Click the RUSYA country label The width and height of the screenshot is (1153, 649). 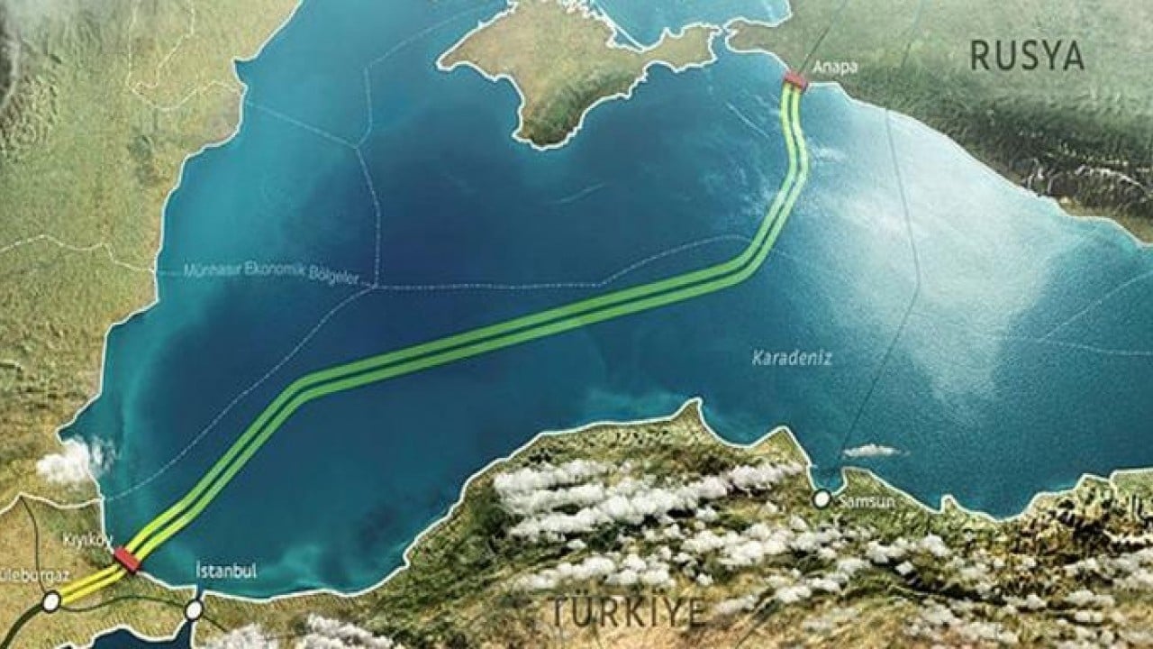click(1026, 56)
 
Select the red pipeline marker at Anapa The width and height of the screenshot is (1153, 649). click(795, 82)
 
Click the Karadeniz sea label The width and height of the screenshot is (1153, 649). click(792, 358)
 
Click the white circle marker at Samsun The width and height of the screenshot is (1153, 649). click(822, 498)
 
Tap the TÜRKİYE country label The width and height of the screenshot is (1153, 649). click(628, 612)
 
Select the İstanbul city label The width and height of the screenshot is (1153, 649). click(226, 571)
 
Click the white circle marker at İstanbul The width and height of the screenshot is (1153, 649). click(194, 610)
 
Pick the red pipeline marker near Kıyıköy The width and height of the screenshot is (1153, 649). click(127, 561)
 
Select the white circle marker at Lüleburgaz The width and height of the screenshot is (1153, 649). click(51, 599)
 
